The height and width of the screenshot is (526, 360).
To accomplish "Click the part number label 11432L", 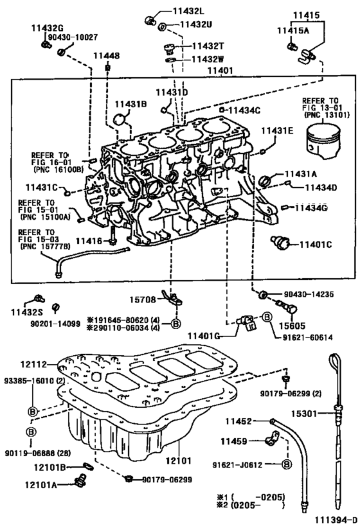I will coord(188,12).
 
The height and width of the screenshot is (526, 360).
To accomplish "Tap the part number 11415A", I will coord(292,30).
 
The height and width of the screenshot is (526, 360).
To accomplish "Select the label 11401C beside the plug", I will coord(315,244).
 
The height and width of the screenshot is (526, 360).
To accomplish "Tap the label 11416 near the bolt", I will coord(88,240).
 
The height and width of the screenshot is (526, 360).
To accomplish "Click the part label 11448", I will coord(107,56).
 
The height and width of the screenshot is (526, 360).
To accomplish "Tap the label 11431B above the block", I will coord(131,103).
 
